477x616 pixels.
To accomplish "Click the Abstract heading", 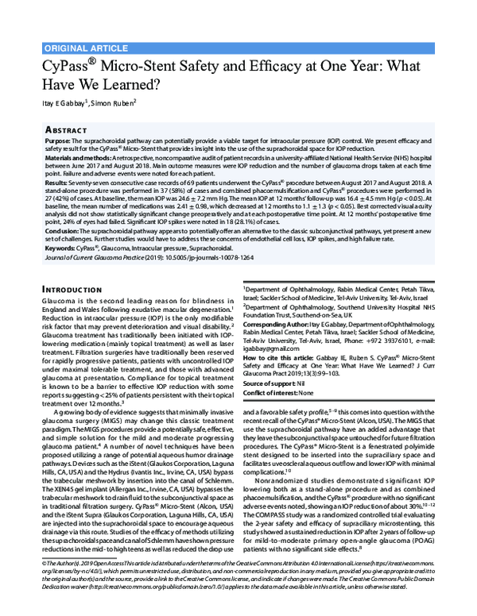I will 66,128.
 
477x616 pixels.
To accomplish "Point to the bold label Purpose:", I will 58,140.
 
